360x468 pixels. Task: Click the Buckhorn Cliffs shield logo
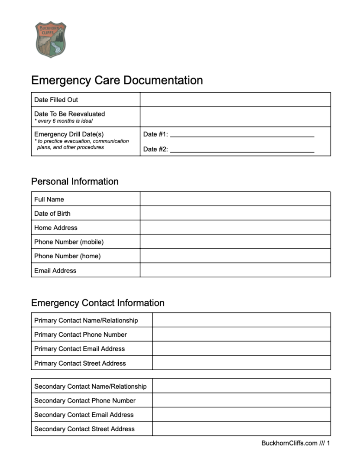[51, 39]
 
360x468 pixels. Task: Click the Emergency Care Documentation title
[117, 80]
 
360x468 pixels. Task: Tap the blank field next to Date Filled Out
[235, 100]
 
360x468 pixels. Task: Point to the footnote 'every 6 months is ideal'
[64, 121]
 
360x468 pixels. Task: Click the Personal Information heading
[75, 182]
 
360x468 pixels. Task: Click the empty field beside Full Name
[235, 199]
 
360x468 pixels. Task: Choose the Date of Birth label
[52, 214]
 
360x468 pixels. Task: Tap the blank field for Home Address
[235, 227]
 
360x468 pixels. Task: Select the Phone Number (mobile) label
[69, 242]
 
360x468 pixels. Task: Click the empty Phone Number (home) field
[235, 256]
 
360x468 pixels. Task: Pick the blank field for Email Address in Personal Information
[235, 270]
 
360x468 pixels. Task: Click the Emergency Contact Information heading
[98, 303]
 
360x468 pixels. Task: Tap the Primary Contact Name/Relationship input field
[241, 320]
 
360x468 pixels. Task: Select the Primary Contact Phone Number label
[81, 335]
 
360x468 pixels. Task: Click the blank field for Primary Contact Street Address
[241, 363]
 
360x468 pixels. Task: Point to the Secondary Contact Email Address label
[84, 415]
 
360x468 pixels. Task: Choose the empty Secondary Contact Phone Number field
[241, 400]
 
